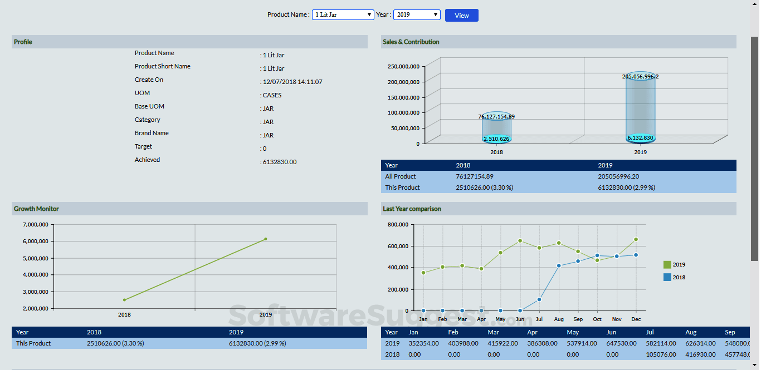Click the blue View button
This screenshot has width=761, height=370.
[461, 16]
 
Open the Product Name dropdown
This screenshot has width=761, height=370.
[343, 15]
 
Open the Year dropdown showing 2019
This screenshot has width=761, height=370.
[417, 15]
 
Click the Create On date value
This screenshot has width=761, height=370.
[292, 82]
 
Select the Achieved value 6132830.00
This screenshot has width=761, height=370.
[279, 162]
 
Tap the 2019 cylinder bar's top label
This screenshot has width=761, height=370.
[640, 77]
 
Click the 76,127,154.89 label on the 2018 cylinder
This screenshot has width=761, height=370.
[496, 117]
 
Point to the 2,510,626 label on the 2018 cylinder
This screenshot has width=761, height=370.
[496, 139]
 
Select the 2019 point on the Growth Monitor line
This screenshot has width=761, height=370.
[266, 239]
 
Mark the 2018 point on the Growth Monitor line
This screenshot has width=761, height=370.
[124, 300]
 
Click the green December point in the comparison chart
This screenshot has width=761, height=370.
[636, 239]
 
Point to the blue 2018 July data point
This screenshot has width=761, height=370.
[539, 299]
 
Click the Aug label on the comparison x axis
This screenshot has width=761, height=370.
[559, 319]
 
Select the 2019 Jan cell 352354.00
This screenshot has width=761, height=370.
[423, 343]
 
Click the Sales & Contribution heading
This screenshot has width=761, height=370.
[411, 42]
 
